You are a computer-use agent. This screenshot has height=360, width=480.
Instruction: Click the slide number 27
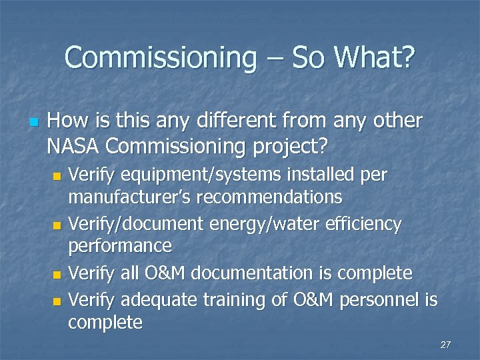pyautogui.click(x=446, y=345)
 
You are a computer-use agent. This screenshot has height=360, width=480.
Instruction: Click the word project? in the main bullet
pyautogui.click(x=295, y=144)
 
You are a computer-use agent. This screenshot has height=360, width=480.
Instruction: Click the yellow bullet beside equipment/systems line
pyautogui.click(x=57, y=176)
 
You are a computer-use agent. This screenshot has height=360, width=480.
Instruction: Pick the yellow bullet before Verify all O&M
pyautogui.click(x=57, y=275)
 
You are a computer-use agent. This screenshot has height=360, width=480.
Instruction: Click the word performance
pyautogui.click(x=120, y=247)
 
